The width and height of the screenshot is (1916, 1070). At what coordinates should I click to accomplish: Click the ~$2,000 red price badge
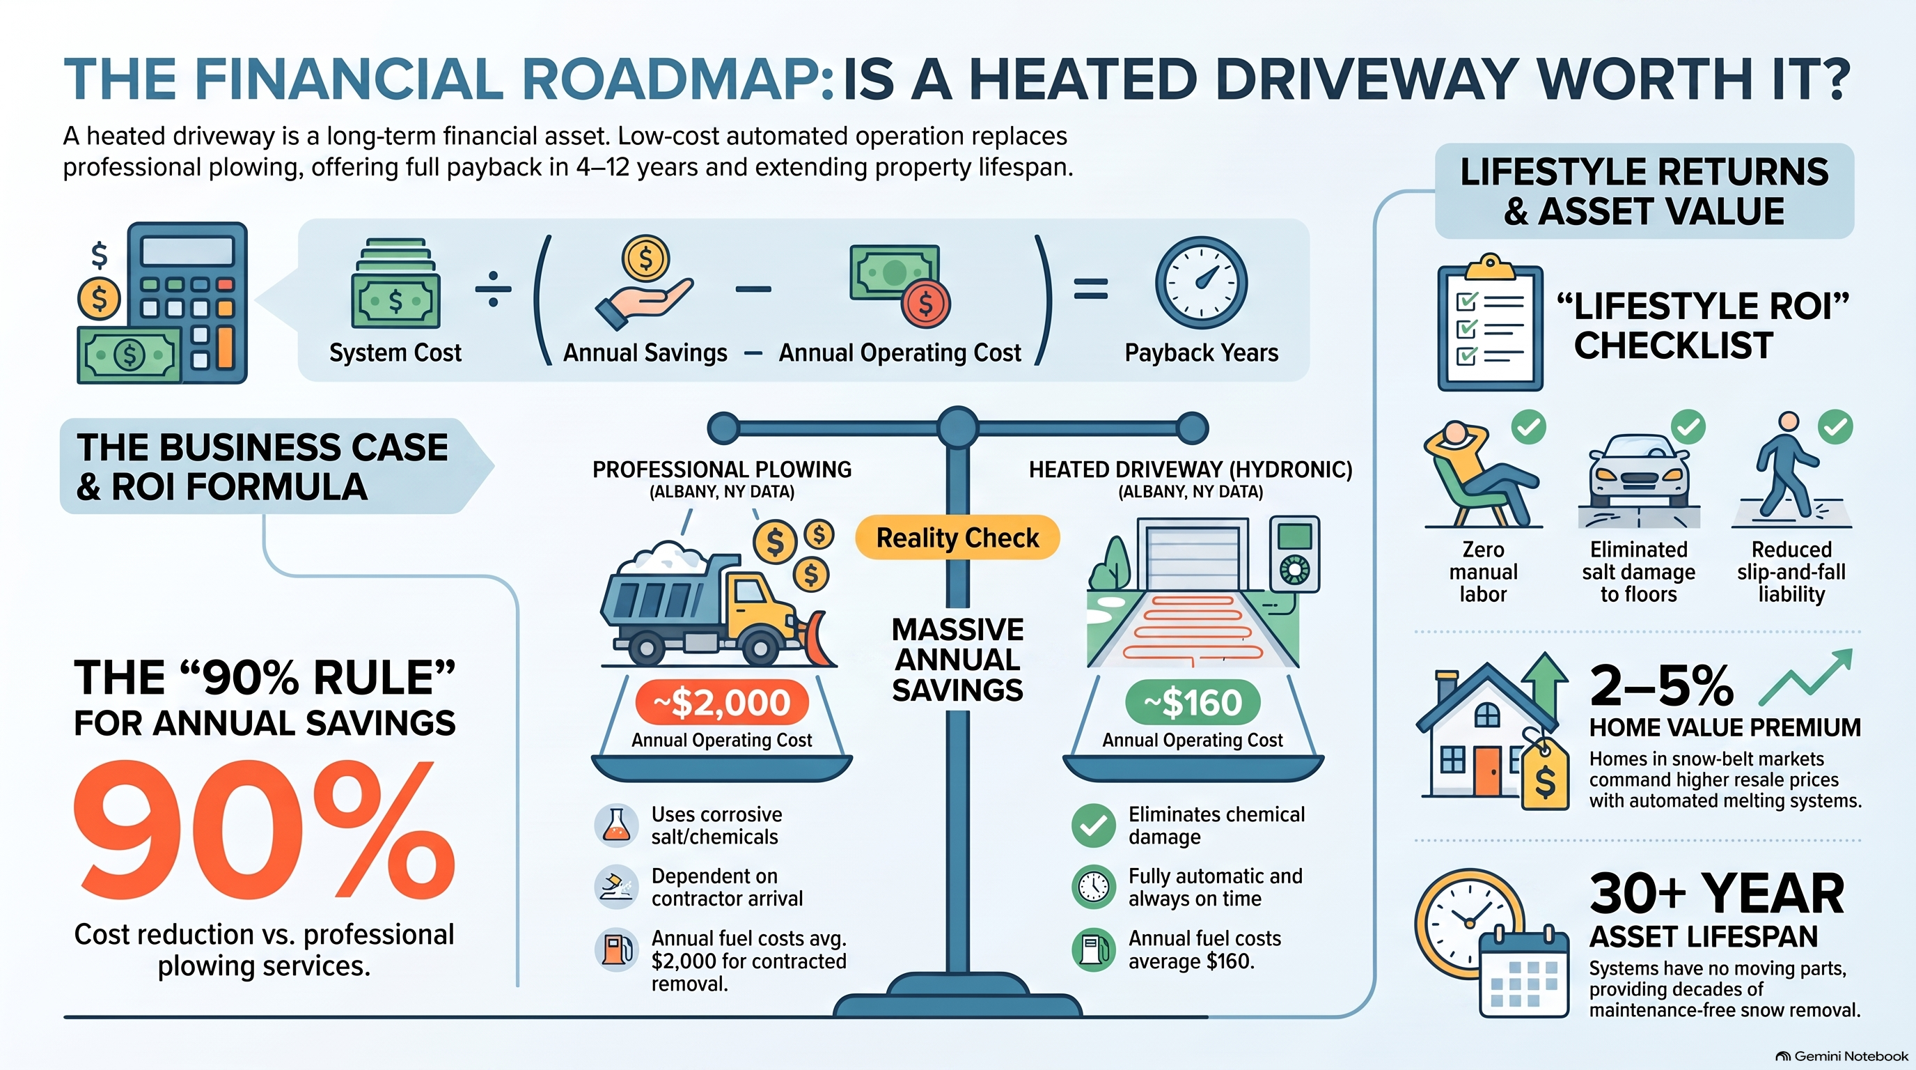pos(721,702)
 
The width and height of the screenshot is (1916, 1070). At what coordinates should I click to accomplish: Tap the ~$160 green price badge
pos(1193,702)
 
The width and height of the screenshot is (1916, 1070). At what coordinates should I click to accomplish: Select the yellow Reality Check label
pos(957,537)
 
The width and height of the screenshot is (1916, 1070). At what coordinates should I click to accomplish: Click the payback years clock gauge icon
pos(1201,283)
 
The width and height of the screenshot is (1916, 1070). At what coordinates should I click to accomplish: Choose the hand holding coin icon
pos(644,283)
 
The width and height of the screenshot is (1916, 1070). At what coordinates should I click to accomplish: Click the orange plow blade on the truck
pos(819,638)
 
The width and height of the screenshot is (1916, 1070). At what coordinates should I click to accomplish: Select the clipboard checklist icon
pos(1490,323)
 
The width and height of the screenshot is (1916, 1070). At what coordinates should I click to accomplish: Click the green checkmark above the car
pos(1688,427)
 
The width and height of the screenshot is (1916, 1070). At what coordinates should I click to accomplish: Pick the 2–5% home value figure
pos(1661,686)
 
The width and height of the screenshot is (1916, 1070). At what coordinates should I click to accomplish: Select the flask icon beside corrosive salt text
pos(617,825)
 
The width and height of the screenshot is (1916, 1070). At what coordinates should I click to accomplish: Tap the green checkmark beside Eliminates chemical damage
pos(1093,825)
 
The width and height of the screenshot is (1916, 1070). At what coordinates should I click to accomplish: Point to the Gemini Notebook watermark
pos(1841,1056)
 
